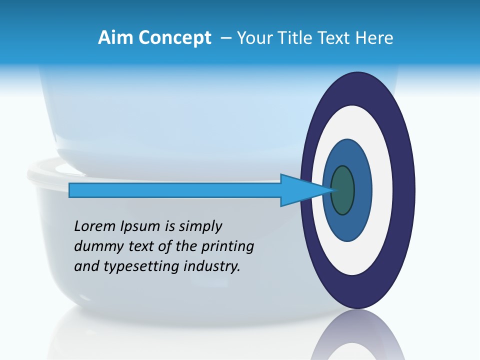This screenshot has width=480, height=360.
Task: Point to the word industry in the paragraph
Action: tap(212, 266)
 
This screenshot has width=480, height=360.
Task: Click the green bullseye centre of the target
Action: tap(343, 190)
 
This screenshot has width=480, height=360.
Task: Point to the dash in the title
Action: tap(225, 38)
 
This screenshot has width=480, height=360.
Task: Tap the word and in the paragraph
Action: tap(86, 266)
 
